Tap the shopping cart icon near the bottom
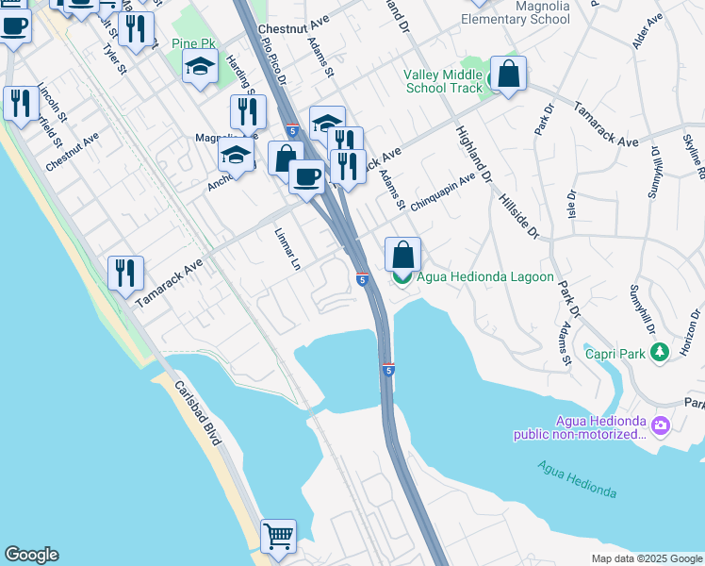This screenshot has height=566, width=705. pyautogui.click(x=278, y=537)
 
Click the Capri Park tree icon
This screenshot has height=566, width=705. pyautogui.click(x=661, y=352)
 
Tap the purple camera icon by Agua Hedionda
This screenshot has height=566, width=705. pyautogui.click(x=660, y=426)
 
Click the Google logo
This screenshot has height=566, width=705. pyautogui.click(x=30, y=555)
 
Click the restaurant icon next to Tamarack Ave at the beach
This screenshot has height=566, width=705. pyautogui.click(x=125, y=274)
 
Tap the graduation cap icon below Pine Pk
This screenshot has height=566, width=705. pyautogui.click(x=200, y=68)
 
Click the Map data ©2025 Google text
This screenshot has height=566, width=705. pyautogui.click(x=646, y=558)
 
